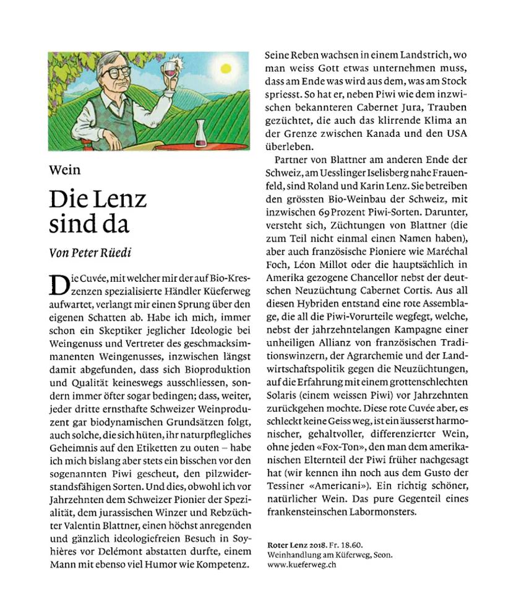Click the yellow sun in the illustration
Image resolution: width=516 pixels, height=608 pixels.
tap(225, 69)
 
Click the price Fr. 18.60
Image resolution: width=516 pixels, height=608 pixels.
tap(338, 543)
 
